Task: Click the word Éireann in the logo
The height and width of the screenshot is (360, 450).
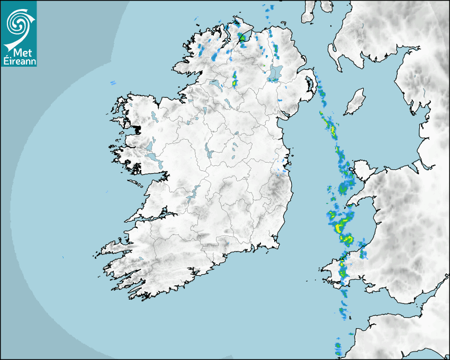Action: pos(19,61)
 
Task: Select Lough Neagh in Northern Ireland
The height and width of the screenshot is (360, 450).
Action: pos(275,73)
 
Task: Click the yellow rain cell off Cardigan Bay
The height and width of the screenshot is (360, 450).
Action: pos(339,228)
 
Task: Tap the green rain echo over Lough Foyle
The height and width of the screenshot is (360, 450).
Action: pos(243,37)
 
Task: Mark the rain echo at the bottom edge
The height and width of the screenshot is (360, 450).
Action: pos(338,348)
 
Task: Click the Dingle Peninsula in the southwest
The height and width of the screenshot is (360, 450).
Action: pos(114,247)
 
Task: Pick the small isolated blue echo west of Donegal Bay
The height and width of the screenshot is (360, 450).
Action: pos(113,83)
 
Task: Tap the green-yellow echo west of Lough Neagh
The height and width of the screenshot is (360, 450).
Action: pos(235,80)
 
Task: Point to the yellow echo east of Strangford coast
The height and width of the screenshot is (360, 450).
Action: pos(333,128)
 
